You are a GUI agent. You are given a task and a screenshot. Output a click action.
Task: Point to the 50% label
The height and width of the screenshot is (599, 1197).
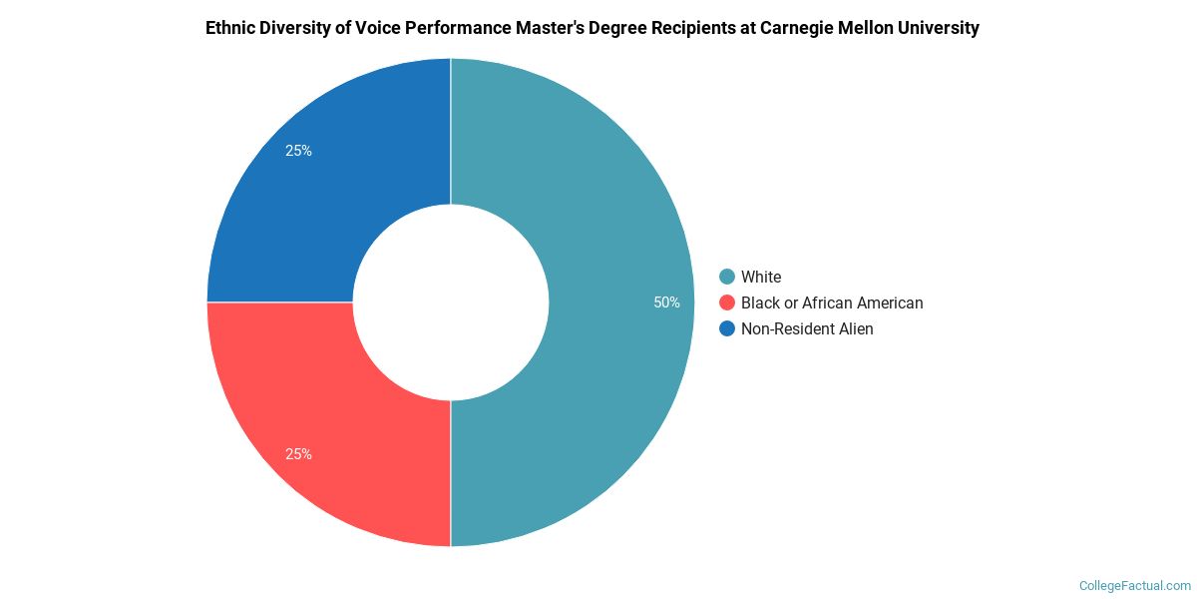point(666,302)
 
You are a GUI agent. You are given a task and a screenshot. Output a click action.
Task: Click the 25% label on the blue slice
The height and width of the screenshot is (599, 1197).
point(298,151)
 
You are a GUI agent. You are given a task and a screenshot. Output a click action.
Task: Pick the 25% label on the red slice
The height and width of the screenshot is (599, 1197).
point(298,454)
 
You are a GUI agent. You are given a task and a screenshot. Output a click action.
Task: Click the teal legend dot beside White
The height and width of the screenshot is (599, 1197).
point(726,277)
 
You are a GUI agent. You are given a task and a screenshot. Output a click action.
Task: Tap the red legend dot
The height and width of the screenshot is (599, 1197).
point(726,302)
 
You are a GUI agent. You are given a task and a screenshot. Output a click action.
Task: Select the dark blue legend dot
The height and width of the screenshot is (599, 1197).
point(726,328)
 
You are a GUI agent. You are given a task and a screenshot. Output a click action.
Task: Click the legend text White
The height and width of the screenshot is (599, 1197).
point(761,277)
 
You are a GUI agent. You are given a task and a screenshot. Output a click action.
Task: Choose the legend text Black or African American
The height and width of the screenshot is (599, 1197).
point(832,302)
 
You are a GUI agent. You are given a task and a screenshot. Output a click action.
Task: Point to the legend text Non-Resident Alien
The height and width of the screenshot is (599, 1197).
point(807,328)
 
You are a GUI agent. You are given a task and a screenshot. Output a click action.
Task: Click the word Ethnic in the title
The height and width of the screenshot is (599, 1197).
point(230,28)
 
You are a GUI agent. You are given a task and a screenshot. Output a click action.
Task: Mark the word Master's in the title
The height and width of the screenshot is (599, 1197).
point(563,28)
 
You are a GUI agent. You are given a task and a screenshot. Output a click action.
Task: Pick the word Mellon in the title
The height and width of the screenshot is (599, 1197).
point(871,28)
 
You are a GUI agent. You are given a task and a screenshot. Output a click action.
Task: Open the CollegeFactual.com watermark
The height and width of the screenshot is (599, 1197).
point(1135,586)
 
